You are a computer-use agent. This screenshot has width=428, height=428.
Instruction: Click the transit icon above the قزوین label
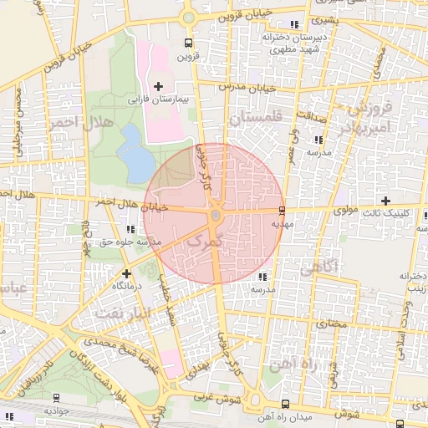(188, 43)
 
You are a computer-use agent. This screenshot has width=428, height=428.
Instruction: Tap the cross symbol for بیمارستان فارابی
(159, 86)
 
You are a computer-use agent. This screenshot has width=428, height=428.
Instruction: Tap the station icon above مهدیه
(282, 211)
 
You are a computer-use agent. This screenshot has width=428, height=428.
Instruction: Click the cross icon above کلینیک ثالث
(385, 200)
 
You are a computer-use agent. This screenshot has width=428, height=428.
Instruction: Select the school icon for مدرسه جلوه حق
(130, 229)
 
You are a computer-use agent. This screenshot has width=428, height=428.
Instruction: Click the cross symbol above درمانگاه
(126, 273)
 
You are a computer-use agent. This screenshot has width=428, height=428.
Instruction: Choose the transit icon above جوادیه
(56, 399)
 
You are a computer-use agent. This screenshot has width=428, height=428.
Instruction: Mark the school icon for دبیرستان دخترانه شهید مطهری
(293, 23)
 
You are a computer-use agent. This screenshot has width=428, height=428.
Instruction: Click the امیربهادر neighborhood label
(366, 125)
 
